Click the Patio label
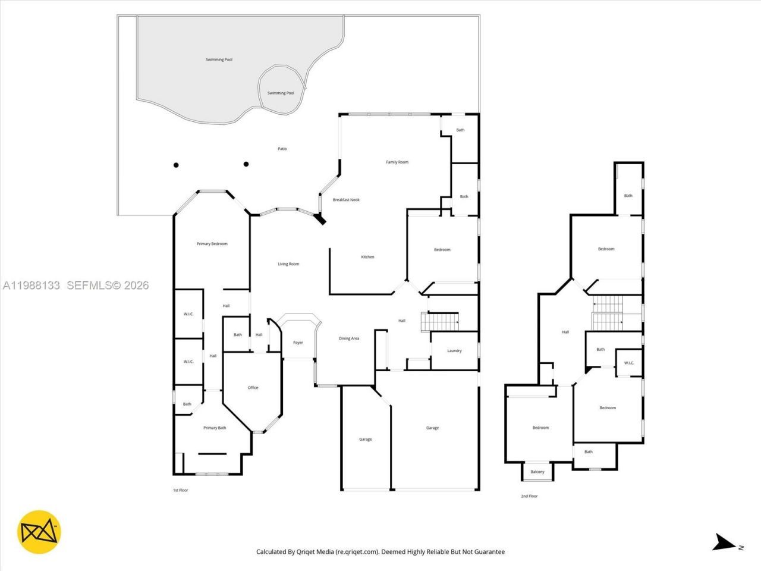[x=282, y=149]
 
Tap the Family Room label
[x=397, y=162]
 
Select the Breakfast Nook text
[x=346, y=200]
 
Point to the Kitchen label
[x=368, y=257]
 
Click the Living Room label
[x=288, y=264]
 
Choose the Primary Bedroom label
[x=212, y=244]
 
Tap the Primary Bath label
[x=215, y=428]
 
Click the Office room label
[x=253, y=388]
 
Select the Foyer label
[x=298, y=343]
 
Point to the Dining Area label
[x=349, y=339]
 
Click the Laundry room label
[x=454, y=351]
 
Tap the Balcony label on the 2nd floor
[x=537, y=472]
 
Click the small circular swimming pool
[x=281, y=89]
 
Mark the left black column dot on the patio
[x=176, y=165]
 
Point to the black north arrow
[x=724, y=543]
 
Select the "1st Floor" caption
[x=180, y=491]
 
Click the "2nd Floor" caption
[x=529, y=496]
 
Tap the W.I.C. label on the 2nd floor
[x=629, y=363]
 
